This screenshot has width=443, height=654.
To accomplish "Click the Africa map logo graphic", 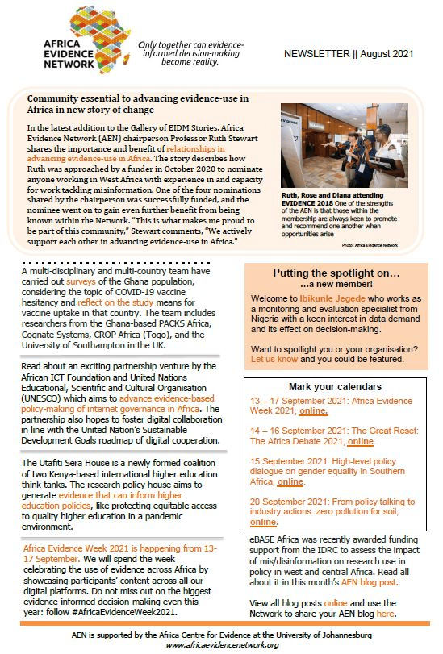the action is click(x=100, y=39).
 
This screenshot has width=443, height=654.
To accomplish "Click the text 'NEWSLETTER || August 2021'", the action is click(x=349, y=54).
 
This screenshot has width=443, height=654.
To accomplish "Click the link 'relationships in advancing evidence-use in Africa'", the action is click(x=126, y=153).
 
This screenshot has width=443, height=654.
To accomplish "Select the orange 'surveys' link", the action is click(x=81, y=281).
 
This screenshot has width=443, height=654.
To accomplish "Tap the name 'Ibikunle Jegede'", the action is click(x=332, y=298).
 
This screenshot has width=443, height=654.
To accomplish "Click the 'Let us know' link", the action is click(x=274, y=359).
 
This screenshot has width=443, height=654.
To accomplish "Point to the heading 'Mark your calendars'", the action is click(x=336, y=386).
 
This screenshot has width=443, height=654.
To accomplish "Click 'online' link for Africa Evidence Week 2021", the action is click(x=313, y=410).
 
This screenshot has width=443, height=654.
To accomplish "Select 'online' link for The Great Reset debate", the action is click(x=361, y=441).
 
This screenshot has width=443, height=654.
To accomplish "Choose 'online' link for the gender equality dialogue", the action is click(x=290, y=481).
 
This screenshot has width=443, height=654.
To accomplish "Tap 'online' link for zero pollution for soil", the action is click(x=263, y=522).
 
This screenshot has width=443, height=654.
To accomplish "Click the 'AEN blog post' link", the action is click(x=370, y=582).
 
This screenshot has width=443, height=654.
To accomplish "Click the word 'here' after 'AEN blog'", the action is click(x=386, y=614).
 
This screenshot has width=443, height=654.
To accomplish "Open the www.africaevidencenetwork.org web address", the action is click(x=222, y=645).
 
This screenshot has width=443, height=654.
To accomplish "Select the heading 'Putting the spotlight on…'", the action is click(x=336, y=273).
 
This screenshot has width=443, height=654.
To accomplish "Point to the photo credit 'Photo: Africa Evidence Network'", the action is click(x=370, y=245).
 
